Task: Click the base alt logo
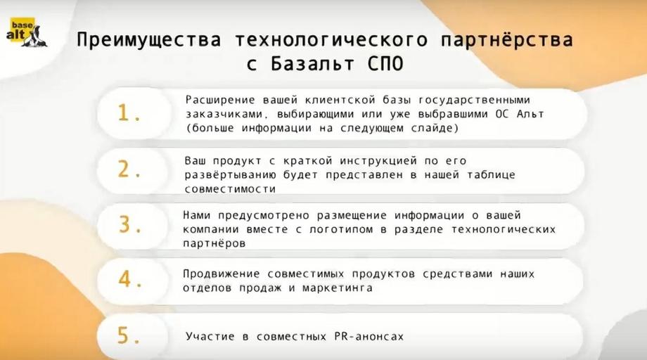[x=27, y=32]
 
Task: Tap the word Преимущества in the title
[x=149, y=40]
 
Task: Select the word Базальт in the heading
[x=312, y=63]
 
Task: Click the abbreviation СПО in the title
[x=385, y=63]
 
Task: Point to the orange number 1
[x=129, y=112]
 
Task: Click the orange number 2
[x=129, y=169]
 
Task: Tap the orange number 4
[x=129, y=279]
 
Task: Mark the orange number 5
[x=128, y=335]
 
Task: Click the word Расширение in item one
[x=221, y=100]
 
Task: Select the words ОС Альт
[x=520, y=114]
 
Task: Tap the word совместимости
[x=230, y=189]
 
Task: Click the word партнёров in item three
[x=214, y=243]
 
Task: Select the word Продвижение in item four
[x=221, y=274]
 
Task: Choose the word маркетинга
[x=337, y=288]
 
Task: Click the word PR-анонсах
[x=369, y=337]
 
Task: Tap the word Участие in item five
[x=210, y=337]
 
